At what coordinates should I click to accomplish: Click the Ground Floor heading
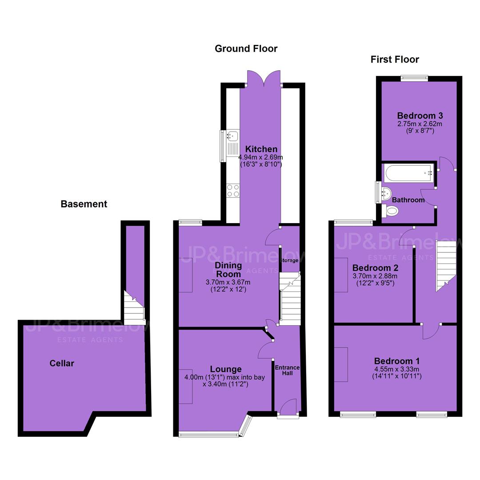(x=246, y=49)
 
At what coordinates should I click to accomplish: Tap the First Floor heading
(x=395, y=60)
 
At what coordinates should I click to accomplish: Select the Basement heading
(x=84, y=204)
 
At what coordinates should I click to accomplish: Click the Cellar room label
(x=62, y=364)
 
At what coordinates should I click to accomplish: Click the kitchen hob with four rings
(x=233, y=190)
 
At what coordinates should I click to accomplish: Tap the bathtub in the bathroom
(x=409, y=173)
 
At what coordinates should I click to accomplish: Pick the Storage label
(x=289, y=260)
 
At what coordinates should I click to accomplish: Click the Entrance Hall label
(x=287, y=370)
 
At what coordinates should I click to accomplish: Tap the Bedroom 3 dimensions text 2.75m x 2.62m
(x=420, y=124)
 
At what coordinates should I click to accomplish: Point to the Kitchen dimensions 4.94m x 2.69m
(x=261, y=157)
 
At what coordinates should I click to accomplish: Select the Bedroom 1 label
(x=397, y=361)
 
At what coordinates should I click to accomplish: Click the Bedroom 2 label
(x=375, y=268)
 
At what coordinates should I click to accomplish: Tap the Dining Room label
(x=228, y=270)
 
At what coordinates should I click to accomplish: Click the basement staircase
(x=134, y=308)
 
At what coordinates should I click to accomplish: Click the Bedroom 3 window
(x=415, y=78)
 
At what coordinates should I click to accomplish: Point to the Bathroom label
(x=408, y=200)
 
